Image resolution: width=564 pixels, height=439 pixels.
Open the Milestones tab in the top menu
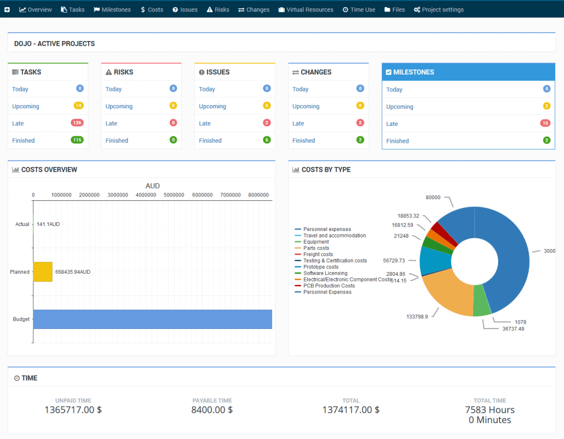coord(112,9)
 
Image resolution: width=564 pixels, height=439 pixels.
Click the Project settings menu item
coord(439,9)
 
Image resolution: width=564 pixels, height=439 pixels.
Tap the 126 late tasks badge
coord(77,123)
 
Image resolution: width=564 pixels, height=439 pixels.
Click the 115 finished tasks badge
coord(77,140)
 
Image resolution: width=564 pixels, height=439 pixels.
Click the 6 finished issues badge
coord(267,140)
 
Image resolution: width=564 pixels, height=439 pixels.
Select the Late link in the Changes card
coord(298,123)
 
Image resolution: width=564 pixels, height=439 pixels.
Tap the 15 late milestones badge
coord(545,123)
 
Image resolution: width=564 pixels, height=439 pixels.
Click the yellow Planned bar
coord(43,272)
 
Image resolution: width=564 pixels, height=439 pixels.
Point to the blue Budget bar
coord(153,319)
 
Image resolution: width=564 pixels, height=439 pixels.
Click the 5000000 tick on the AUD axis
coord(174,194)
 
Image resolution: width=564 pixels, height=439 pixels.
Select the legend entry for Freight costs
coord(318,255)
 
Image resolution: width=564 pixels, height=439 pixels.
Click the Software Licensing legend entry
coord(325,273)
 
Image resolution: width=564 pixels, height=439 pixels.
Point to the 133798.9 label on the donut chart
coord(417,316)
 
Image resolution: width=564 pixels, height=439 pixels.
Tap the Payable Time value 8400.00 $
coord(212,409)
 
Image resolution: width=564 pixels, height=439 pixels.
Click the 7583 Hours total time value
coord(490,409)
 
